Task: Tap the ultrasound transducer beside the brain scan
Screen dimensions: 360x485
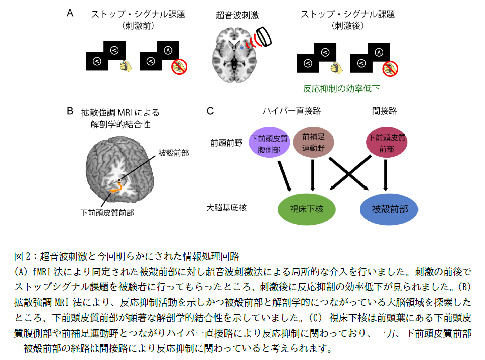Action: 264,38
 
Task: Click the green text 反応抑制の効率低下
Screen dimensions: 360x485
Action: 341,89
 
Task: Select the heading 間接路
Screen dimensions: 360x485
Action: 385,111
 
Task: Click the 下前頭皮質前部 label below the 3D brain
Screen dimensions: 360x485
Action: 110,212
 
